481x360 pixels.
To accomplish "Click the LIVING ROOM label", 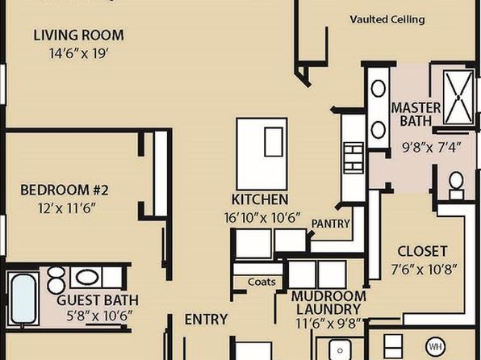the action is point(78,35).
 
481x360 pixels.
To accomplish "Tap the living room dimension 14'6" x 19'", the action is point(79,53).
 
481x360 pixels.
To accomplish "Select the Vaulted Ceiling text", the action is point(387,19).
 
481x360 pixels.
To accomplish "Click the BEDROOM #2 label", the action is point(65,190).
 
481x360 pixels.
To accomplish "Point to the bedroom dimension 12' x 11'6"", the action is point(67,208).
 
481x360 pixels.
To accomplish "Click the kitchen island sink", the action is point(274,142).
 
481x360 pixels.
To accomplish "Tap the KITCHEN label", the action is point(260,199).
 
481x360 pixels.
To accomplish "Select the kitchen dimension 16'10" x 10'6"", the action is point(261,218).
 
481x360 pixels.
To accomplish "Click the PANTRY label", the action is point(331,224).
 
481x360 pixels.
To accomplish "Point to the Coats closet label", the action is point(261,282).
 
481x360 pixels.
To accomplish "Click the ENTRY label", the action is point(206,319).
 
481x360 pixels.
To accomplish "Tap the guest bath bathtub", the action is point(23,299).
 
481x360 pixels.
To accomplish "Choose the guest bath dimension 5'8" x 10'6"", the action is point(100,316).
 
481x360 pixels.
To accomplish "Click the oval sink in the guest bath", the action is point(87,278).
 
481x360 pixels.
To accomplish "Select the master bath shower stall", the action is point(458,98).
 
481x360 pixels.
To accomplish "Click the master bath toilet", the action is point(456,185).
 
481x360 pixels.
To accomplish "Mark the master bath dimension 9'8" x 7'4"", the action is point(432,148).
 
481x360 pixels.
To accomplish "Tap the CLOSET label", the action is point(422,251).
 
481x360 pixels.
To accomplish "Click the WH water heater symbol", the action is point(435,347).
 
